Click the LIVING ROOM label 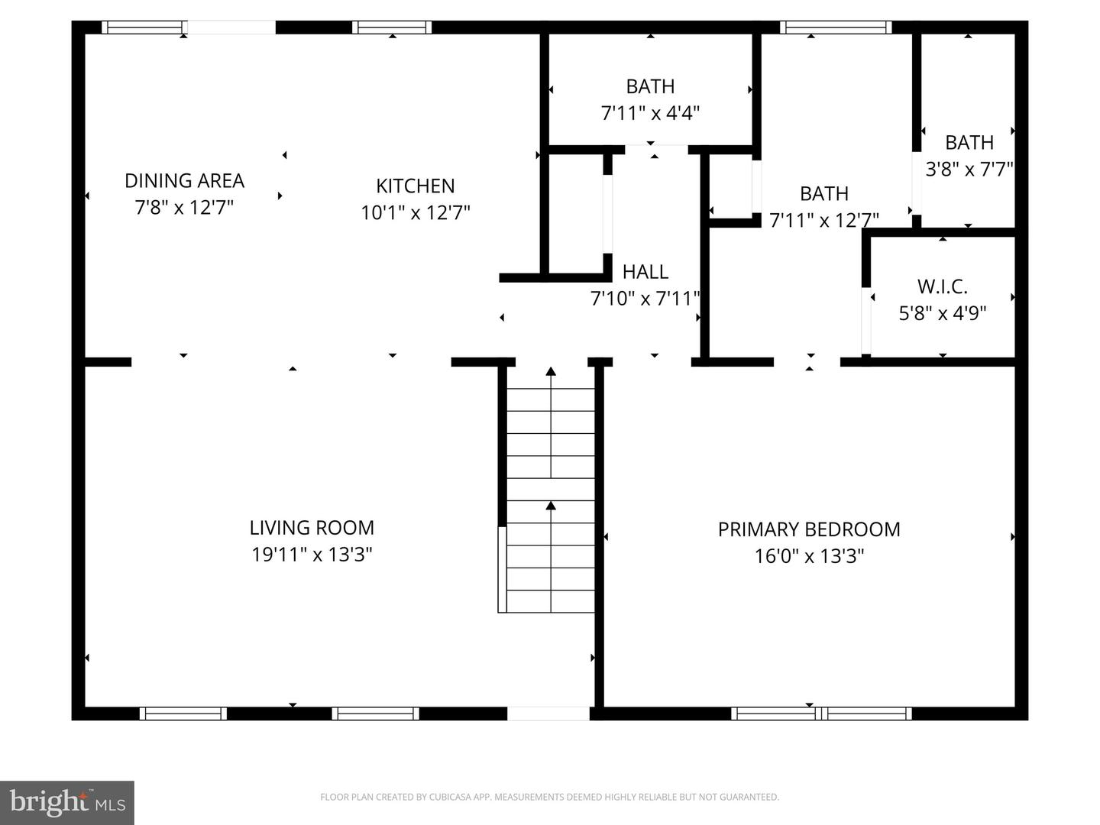[312, 527]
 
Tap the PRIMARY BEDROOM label [809, 529]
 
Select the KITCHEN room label [415, 186]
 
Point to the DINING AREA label [184, 180]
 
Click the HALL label [645, 271]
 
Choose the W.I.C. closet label [942, 286]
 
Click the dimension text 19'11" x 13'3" [312, 554]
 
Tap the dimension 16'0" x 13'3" [809, 555]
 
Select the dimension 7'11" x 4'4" [650, 113]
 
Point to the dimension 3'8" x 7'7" [969, 169]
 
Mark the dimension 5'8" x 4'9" [942, 313]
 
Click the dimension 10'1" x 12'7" [415, 212]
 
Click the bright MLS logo [67, 802]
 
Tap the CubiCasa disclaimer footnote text [549, 797]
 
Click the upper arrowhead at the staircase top [550, 372]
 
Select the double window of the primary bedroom [820, 713]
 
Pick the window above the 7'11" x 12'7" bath [836, 27]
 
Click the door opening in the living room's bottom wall [548, 713]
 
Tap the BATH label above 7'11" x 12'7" [823, 193]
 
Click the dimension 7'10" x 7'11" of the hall [645, 298]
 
